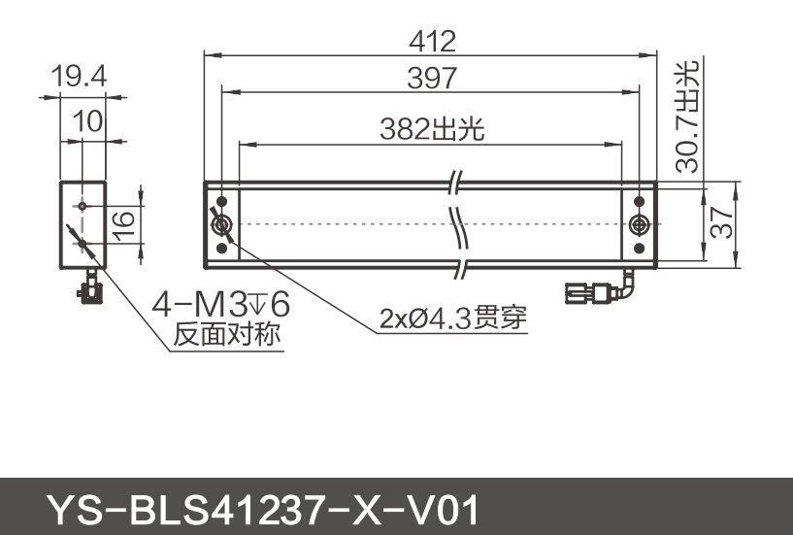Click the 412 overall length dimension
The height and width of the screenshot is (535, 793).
point(432,41)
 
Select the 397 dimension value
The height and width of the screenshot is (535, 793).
point(432,79)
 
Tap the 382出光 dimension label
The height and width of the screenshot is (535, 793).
point(432,129)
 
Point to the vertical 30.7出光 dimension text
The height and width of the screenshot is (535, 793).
point(688,117)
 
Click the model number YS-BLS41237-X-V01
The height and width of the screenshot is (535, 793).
point(262,508)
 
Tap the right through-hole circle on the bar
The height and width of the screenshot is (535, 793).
point(639,225)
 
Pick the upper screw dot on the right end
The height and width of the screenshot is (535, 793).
point(639,201)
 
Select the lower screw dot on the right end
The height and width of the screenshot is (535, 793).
point(639,249)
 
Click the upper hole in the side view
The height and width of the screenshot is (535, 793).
point(84,206)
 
